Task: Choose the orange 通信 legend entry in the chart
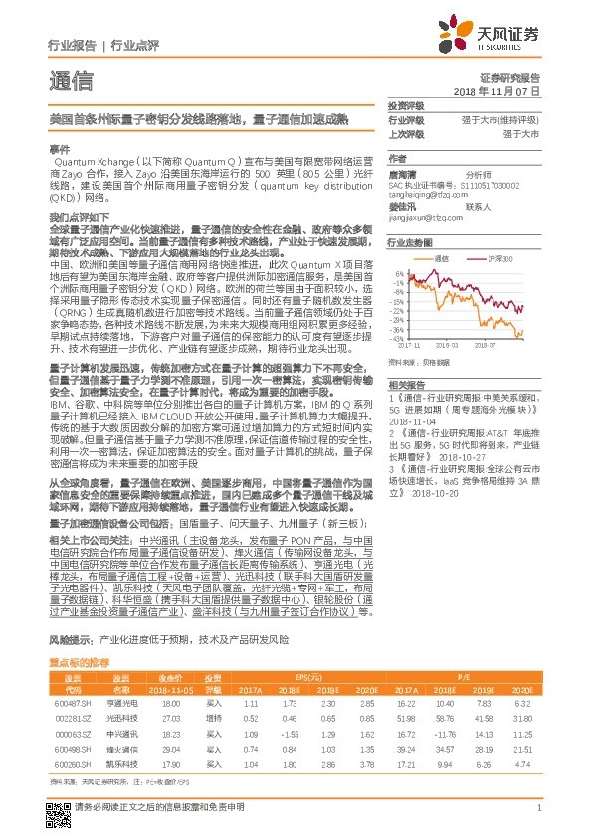(x=449, y=258)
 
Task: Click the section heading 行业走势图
(x=410, y=242)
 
